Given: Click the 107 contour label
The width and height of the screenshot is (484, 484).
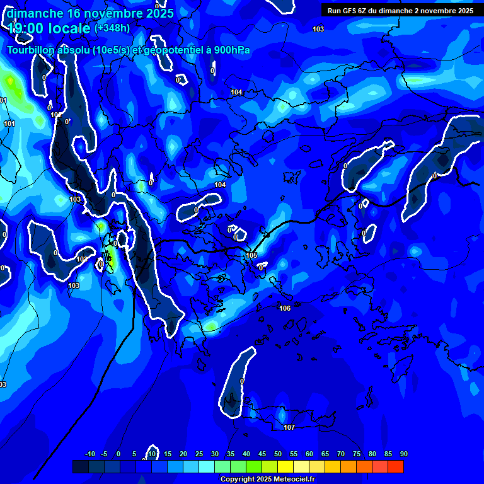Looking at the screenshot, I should tap(289, 428).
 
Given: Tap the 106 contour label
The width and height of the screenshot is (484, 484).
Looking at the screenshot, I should tap(285, 308).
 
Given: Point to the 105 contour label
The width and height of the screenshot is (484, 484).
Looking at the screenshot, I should tap(251, 255).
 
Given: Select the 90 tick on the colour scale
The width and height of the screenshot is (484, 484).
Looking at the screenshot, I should tap(403, 454).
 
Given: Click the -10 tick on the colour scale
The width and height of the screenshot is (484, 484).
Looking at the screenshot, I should tap(90, 454).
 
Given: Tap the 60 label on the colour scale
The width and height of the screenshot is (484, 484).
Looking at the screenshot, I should tap(309, 454).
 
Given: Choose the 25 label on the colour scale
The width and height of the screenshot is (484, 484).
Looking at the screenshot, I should tap(199, 454).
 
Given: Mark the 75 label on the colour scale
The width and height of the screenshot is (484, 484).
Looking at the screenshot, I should tap(357, 454).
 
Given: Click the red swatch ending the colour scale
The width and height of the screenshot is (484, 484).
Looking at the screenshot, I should tap(395, 466).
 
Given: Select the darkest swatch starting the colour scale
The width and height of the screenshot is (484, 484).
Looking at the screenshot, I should tap(81, 466).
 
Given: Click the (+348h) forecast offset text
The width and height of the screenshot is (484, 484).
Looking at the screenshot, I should tap(113, 28).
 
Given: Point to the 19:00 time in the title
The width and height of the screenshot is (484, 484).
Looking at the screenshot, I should tap(26, 28).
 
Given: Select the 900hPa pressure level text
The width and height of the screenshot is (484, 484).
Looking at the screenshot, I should tap(232, 50).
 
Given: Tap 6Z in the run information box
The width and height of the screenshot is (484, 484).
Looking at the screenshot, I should tap(364, 11).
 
